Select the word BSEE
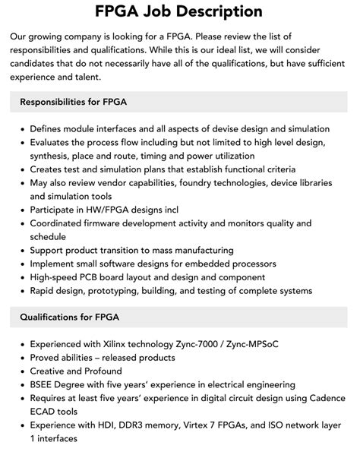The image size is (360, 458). click(x=45, y=384)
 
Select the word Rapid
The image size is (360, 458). click(x=44, y=290)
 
